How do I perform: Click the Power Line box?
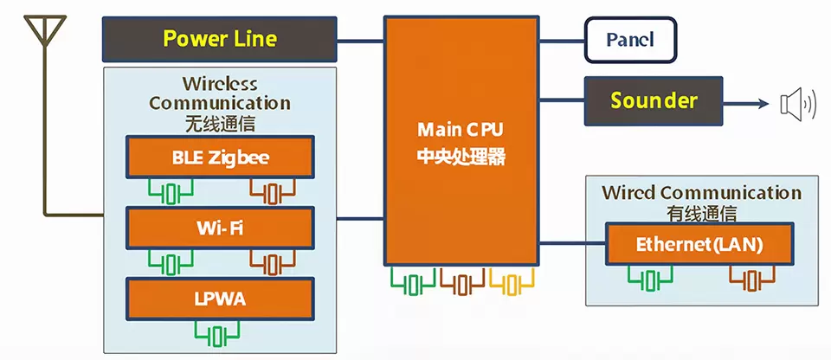[x=219, y=39]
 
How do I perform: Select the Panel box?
[x=630, y=40]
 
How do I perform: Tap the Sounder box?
[x=654, y=100]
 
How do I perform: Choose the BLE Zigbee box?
[x=220, y=157]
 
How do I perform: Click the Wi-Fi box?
[x=220, y=228]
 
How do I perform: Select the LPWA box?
[x=220, y=299]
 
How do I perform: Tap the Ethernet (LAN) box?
[x=699, y=244]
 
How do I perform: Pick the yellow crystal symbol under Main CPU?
[x=512, y=281]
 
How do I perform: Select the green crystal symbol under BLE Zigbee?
[x=171, y=192]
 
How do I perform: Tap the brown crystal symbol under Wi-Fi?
[x=273, y=262]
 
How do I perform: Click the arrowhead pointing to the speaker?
[x=763, y=103]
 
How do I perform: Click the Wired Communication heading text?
[x=701, y=192]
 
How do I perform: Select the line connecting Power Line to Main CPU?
[x=360, y=41]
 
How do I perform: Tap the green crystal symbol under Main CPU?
[x=414, y=281]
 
